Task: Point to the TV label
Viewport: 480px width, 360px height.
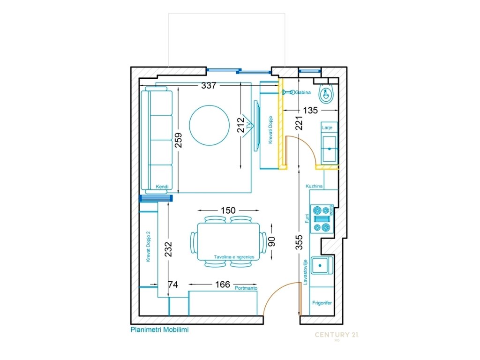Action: (x=248, y=125)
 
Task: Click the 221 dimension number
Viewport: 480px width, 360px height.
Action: (x=299, y=123)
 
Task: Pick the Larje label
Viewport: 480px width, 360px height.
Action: (x=327, y=127)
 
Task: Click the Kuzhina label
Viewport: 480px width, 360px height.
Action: (x=314, y=186)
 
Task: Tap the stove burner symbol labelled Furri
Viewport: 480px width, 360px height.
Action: (x=322, y=219)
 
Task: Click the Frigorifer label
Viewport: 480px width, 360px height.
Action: (x=322, y=303)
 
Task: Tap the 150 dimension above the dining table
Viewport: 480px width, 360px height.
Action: (x=228, y=210)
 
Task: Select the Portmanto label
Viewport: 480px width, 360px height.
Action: (x=246, y=288)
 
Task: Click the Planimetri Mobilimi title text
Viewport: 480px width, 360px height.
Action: (x=159, y=330)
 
